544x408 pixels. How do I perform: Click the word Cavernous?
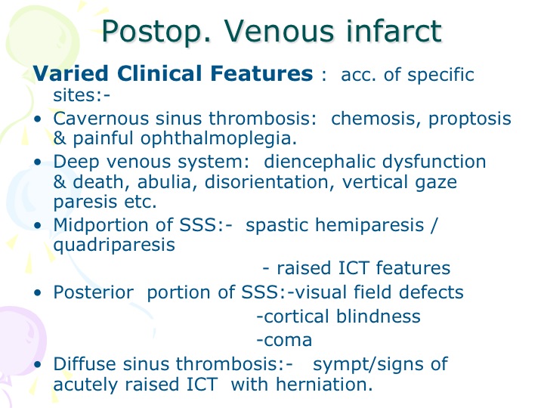(x=102, y=119)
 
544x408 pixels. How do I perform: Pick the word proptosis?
(x=470, y=119)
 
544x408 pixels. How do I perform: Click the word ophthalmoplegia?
(x=218, y=139)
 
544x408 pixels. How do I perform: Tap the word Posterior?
(x=94, y=292)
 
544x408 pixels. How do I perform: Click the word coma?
(x=288, y=341)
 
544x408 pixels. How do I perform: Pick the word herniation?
(x=323, y=385)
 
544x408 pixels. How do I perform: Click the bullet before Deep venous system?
(x=38, y=162)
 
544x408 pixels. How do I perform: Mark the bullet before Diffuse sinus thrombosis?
(x=38, y=365)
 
